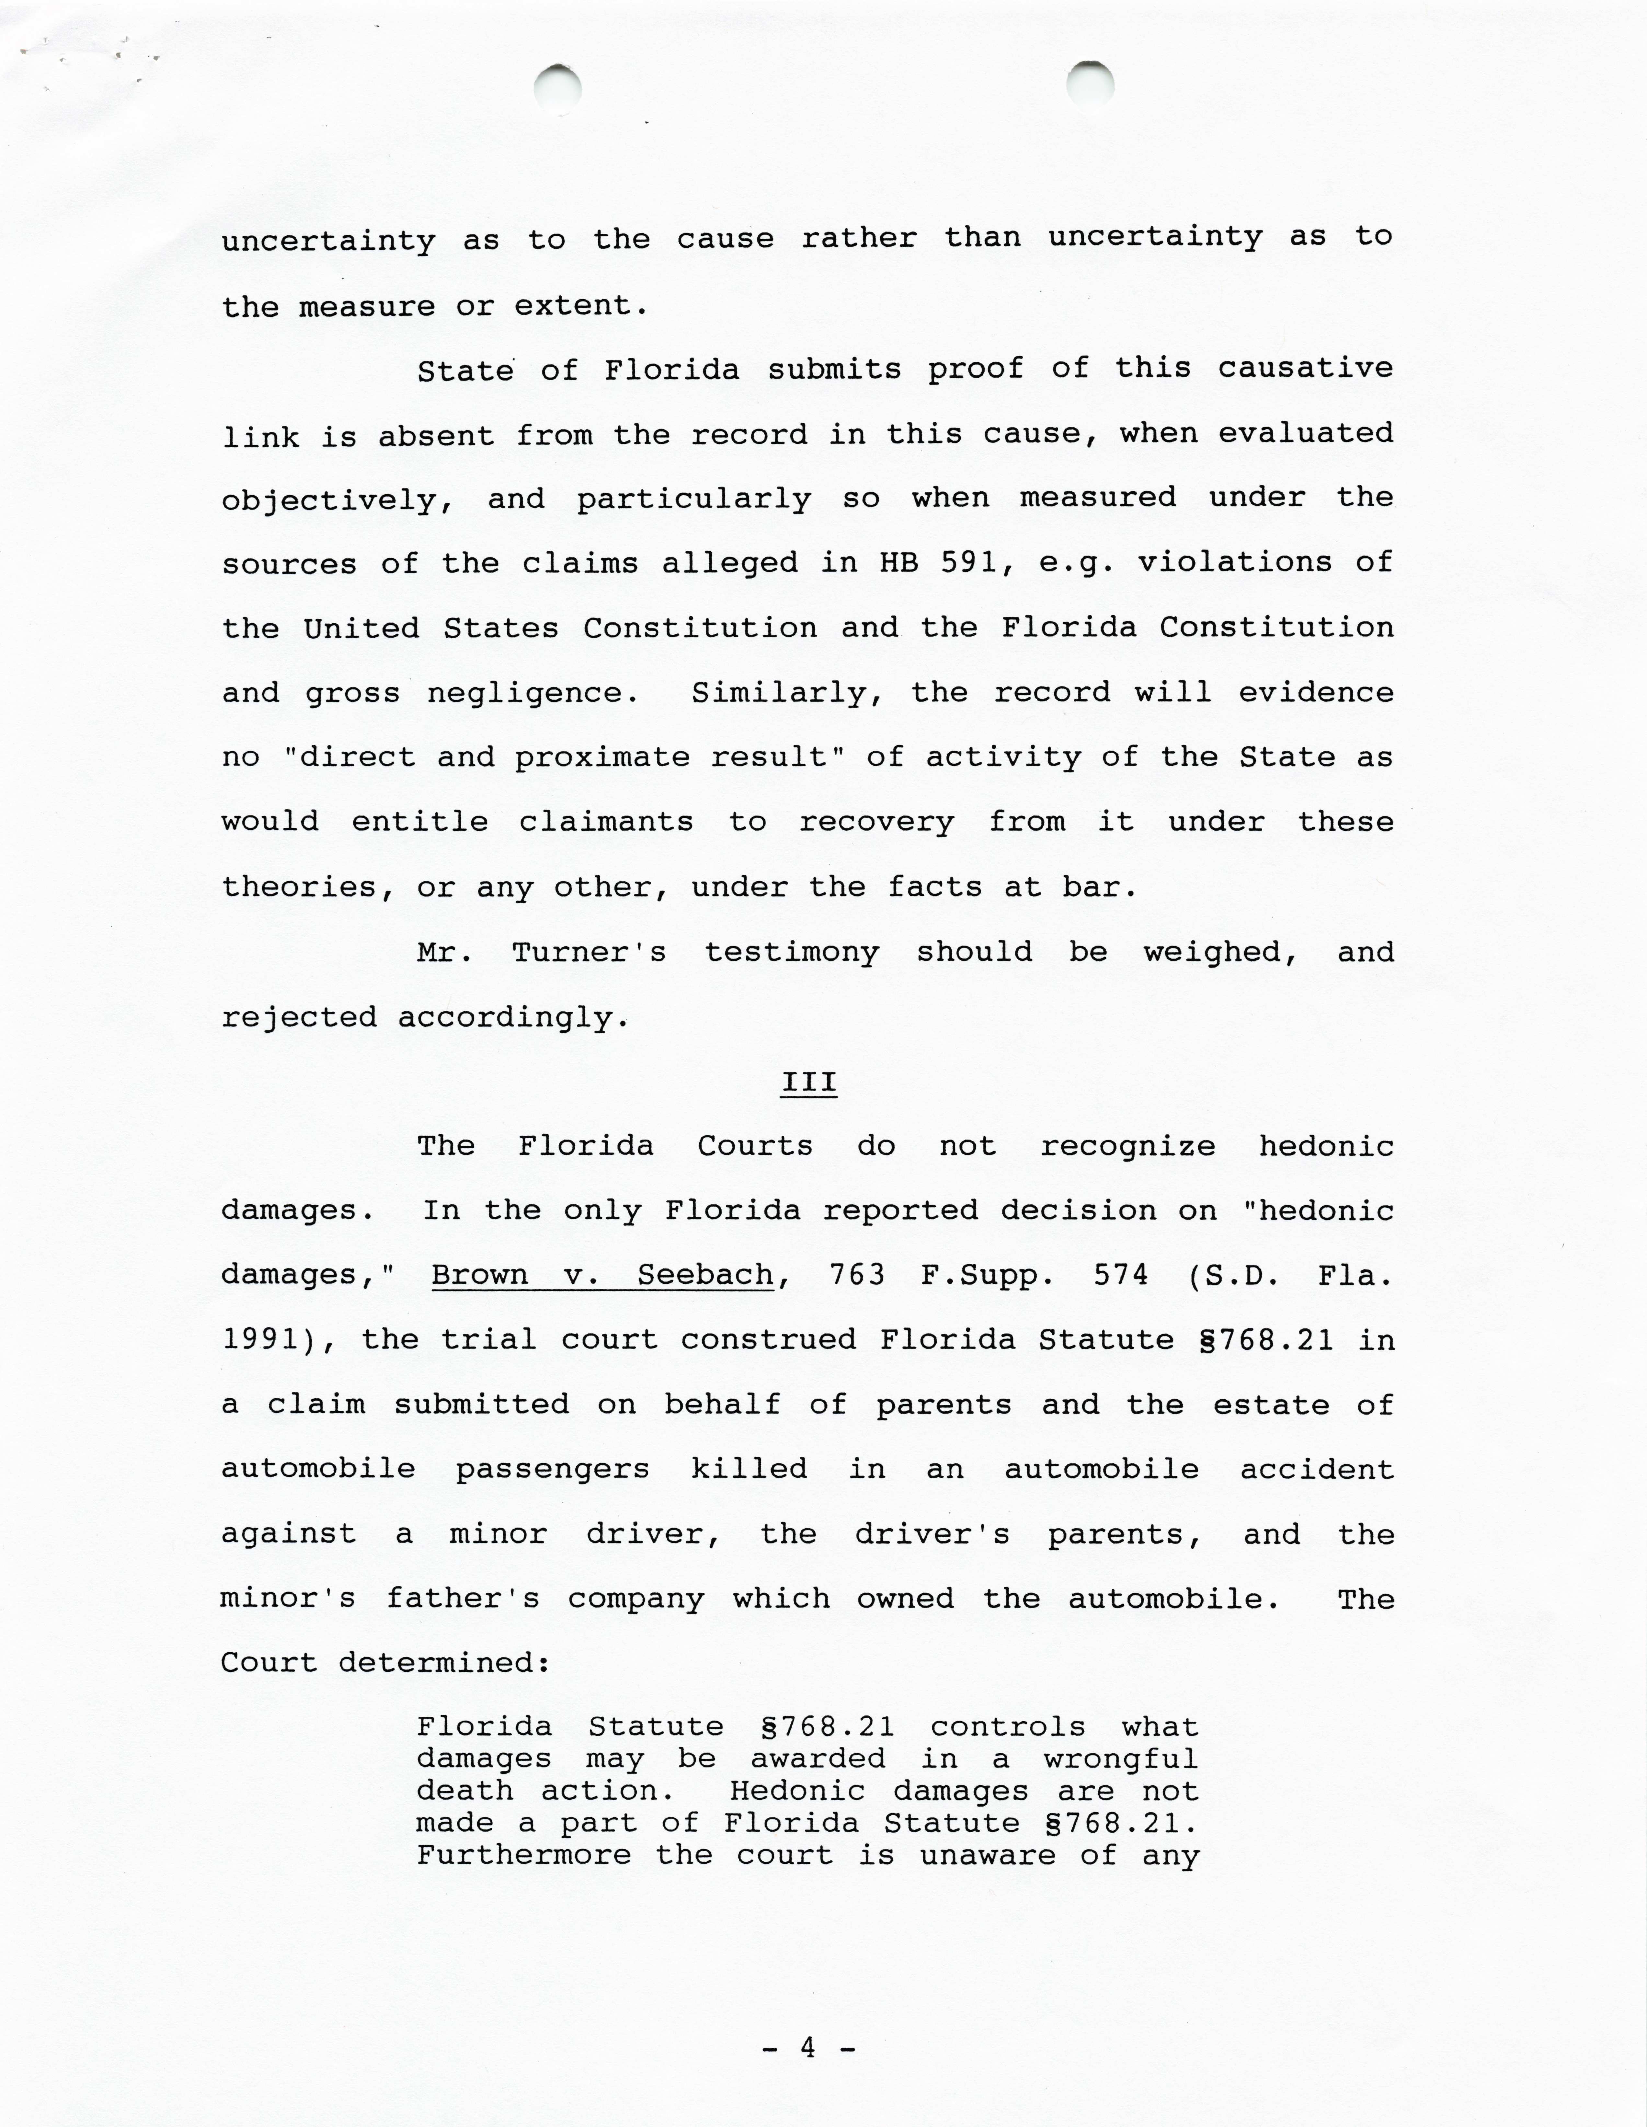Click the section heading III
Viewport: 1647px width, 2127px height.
pos(808,1083)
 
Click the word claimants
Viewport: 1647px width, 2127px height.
pos(606,822)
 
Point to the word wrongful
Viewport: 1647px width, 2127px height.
pos(1120,1759)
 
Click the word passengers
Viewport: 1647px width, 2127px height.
pos(552,1470)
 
